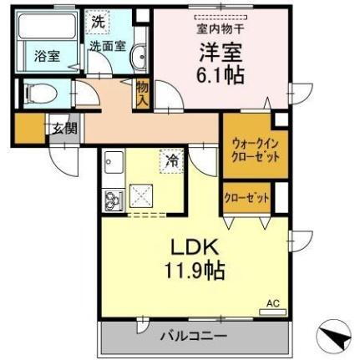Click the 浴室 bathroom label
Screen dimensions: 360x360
46,57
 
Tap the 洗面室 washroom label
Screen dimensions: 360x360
108,47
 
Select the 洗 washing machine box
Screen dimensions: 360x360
99,23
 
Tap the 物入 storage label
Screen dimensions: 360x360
141,93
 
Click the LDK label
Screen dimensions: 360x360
194,249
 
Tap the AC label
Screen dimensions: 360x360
271,302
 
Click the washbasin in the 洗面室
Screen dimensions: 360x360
139,57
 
